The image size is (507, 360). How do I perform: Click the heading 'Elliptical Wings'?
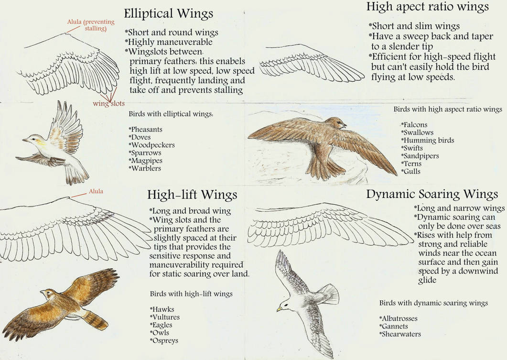click(x=169, y=13)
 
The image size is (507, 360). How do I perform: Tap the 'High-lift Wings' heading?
click(x=192, y=195)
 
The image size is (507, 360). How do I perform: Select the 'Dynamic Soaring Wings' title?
click(x=432, y=194)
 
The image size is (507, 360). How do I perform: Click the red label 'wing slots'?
click(x=108, y=103)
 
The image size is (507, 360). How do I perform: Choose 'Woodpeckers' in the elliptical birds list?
click(x=153, y=145)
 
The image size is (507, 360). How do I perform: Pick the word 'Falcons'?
click(x=415, y=125)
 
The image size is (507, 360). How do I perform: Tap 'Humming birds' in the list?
click(x=429, y=140)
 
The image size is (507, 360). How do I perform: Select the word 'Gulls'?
click(x=412, y=171)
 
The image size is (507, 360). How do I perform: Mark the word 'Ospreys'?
click(x=165, y=340)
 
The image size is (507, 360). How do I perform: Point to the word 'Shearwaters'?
click(x=401, y=334)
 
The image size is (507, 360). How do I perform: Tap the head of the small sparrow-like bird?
click(x=30, y=139)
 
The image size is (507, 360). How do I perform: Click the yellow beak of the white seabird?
click(x=279, y=309)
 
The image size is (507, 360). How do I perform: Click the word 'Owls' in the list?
click(x=161, y=333)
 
